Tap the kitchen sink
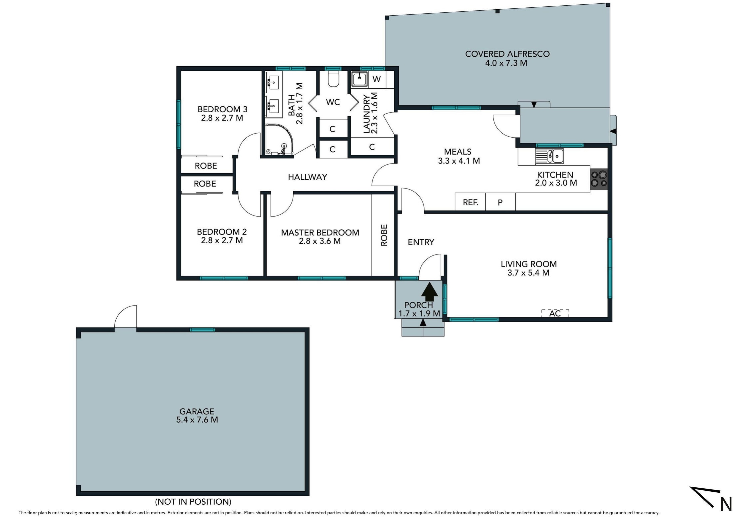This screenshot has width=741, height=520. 549,156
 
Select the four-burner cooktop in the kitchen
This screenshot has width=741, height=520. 599,179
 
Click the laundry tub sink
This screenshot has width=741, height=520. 360,80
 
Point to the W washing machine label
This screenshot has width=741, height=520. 376,79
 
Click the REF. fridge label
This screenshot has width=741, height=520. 470,202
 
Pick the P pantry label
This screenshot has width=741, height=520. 500,202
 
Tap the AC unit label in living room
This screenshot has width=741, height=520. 555,313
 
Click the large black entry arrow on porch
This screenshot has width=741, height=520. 430,292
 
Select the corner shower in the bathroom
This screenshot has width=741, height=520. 279,140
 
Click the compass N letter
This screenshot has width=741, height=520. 726,504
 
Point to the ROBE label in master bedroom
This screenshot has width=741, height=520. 384,235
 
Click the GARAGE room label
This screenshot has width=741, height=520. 197,411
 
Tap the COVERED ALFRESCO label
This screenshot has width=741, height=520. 507,54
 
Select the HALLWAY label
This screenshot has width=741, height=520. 308,177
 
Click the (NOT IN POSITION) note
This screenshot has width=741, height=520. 193,502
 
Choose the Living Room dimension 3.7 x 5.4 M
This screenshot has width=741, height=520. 528,273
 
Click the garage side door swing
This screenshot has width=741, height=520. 125,316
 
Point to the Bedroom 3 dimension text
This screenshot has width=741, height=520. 222,118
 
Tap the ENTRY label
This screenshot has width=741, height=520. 421,242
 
